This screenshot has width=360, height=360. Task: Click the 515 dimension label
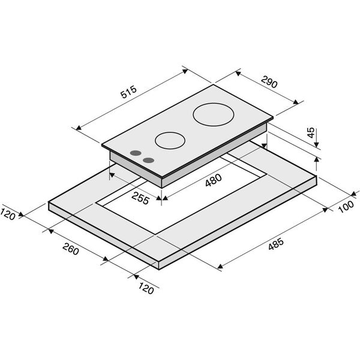[129, 92]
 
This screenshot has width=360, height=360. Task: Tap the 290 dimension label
[269, 82]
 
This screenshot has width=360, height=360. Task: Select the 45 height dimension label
[311, 133]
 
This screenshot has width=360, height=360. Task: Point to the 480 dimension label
[214, 180]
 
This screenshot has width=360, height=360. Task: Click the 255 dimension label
[140, 198]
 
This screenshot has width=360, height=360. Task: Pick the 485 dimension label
[276, 244]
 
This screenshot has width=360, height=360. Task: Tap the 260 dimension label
[71, 248]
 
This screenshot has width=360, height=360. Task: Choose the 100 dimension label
[346, 206]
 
